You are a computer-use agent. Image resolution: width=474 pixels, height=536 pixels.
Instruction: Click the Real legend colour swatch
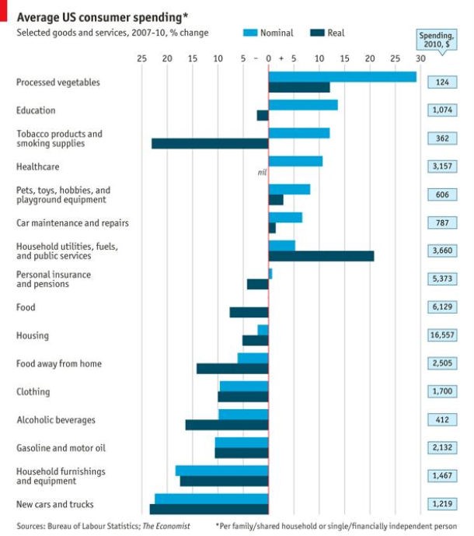pyautogui.click(x=319, y=33)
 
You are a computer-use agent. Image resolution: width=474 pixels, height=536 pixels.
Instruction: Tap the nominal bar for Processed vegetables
pyautogui.click(x=342, y=76)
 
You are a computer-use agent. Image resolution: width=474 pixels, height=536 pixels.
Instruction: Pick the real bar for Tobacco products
pyautogui.click(x=210, y=143)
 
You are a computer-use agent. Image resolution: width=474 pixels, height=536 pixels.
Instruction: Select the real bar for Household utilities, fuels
pyautogui.click(x=321, y=256)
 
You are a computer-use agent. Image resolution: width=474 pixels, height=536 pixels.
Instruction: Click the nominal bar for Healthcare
pyautogui.click(x=295, y=161)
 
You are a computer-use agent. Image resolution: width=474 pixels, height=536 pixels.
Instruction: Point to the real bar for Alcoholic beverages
pyautogui.click(x=227, y=425)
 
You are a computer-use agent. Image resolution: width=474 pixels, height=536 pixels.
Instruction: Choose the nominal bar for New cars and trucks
pyautogui.click(x=211, y=499)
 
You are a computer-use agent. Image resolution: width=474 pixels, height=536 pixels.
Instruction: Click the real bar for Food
pyautogui.click(x=249, y=312)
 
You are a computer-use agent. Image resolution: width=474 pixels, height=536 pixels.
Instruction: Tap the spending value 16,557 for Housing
pyautogui.click(x=443, y=335)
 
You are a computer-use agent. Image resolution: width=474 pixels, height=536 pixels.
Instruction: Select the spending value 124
pyautogui.click(x=443, y=82)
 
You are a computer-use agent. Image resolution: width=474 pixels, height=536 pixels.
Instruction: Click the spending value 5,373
pyautogui.click(x=443, y=279)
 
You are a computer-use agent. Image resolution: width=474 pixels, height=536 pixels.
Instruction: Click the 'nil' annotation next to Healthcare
pyautogui.click(x=262, y=172)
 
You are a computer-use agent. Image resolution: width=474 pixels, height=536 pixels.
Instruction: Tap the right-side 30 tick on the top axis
pyautogui.click(x=420, y=58)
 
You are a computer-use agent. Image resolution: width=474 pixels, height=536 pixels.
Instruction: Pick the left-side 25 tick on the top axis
pyautogui.click(x=141, y=58)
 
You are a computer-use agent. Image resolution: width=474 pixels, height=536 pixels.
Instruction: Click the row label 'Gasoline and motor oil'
pyautogui.click(x=61, y=448)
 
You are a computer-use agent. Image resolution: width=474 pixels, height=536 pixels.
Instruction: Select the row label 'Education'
pyautogui.click(x=36, y=110)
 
